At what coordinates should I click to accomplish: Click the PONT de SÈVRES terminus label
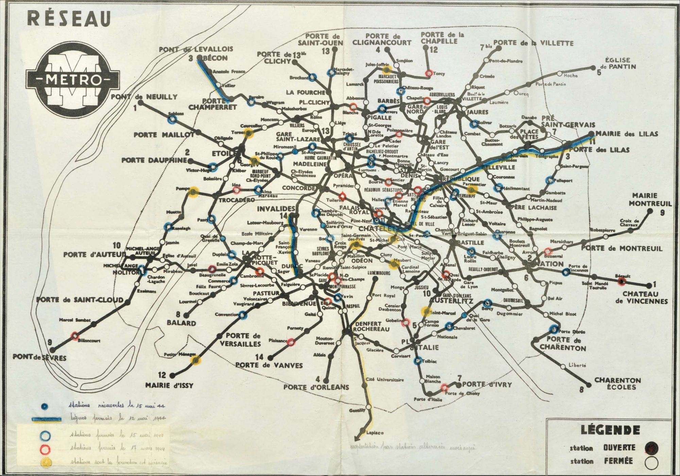coord(39,358)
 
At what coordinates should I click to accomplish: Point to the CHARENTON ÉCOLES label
coord(617,383)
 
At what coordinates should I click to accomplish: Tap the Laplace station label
coord(375,433)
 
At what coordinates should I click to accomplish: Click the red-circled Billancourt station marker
coord(75,336)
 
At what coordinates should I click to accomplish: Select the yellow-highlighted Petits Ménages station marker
coord(195,360)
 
